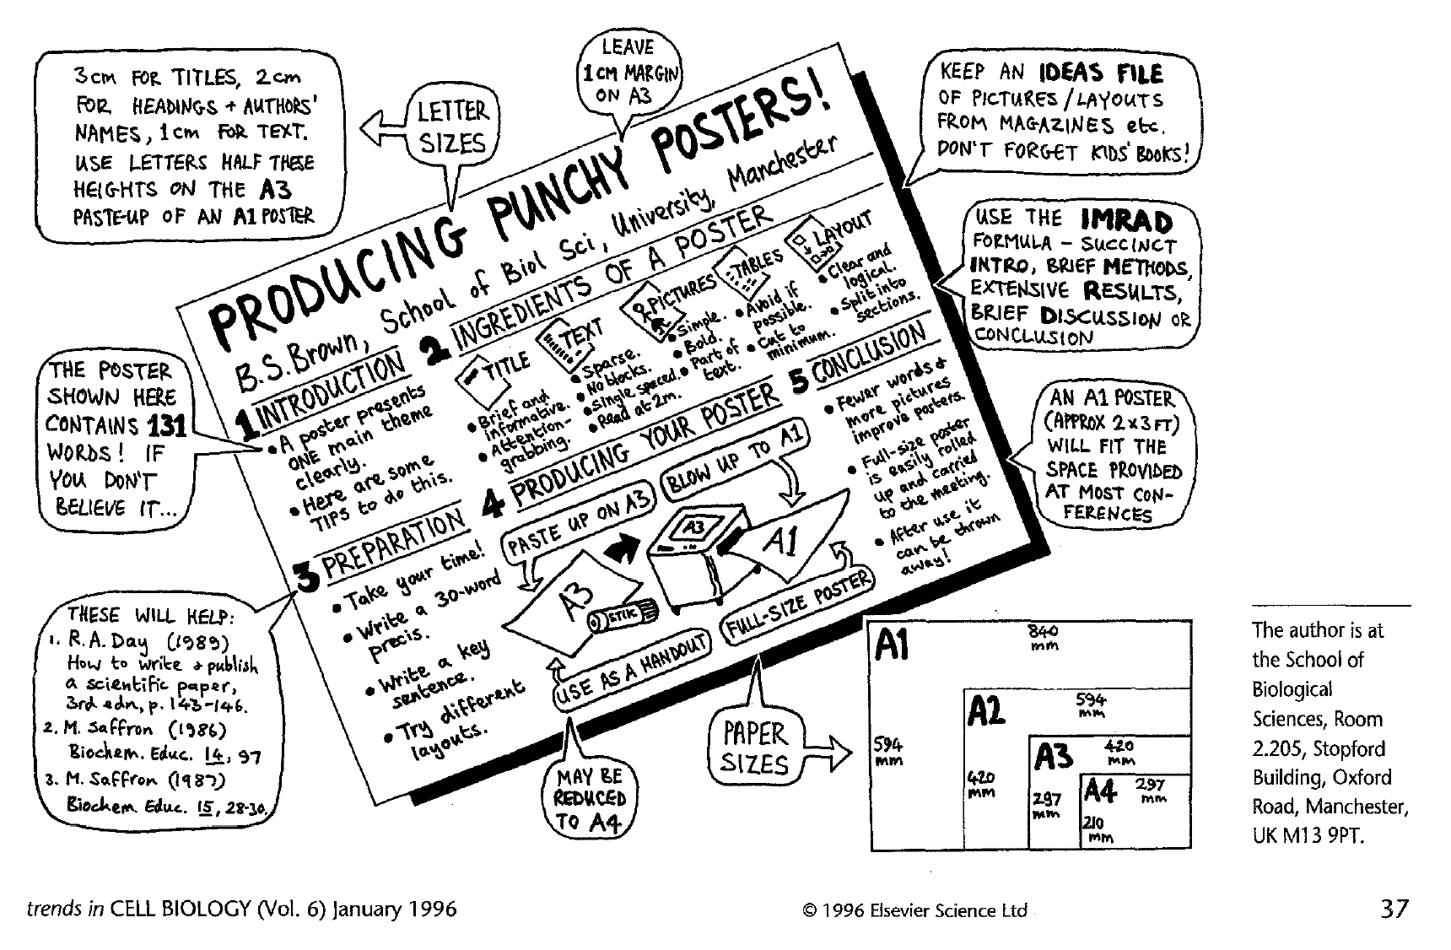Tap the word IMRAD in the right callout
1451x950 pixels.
(1126, 221)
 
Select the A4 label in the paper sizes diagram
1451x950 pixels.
(1100, 791)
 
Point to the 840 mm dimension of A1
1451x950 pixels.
(1044, 637)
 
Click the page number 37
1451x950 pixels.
(1394, 909)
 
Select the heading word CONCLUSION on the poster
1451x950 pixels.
(869, 353)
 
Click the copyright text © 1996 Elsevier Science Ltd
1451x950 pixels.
(915, 910)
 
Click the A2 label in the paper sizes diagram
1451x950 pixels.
(986, 711)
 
